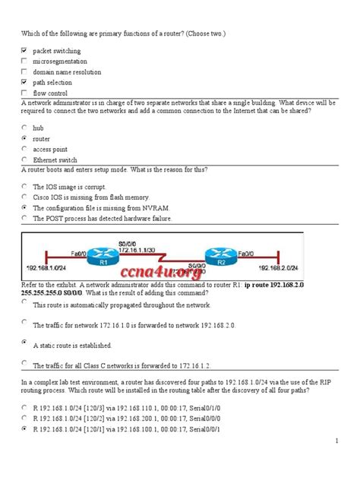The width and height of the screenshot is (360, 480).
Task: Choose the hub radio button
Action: (x=25, y=128)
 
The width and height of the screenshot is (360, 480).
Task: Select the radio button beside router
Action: (x=25, y=139)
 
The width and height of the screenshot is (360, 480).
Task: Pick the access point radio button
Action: (x=25, y=150)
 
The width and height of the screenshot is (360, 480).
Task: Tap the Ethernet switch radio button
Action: (x=25, y=160)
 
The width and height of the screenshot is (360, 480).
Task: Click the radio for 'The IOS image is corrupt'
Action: (x=25, y=185)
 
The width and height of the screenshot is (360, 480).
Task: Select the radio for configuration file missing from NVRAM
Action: (x=25, y=207)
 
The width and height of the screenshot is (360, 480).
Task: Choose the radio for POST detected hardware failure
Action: (x=25, y=217)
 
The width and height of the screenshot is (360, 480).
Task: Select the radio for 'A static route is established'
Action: (x=25, y=343)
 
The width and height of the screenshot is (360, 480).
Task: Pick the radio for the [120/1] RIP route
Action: (x=25, y=429)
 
